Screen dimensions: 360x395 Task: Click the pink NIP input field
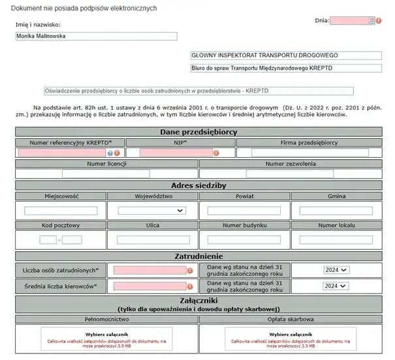click(x=175, y=153)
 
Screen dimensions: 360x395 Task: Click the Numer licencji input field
click(x=106, y=173)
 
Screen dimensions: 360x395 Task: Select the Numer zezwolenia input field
click(x=289, y=173)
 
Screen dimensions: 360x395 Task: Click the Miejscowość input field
click(x=60, y=211)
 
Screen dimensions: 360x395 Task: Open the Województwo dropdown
click(x=152, y=211)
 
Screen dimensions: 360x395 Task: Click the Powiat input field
click(x=244, y=211)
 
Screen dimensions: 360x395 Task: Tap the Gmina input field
click(x=336, y=211)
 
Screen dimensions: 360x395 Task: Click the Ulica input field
click(x=152, y=240)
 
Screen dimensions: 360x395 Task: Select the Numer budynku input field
click(x=244, y=240)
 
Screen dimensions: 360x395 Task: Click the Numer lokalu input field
click(x=336, y=240)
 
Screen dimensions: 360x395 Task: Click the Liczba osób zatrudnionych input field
click(x=150, y=270)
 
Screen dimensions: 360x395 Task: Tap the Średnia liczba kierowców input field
click(x=150, y=286)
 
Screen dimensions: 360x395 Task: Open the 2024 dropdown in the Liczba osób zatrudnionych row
click(x=336, y=270)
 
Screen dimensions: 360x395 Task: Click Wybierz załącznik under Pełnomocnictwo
click(x=106, y=334)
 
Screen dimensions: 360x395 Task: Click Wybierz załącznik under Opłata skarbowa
click(x=289, y=334)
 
